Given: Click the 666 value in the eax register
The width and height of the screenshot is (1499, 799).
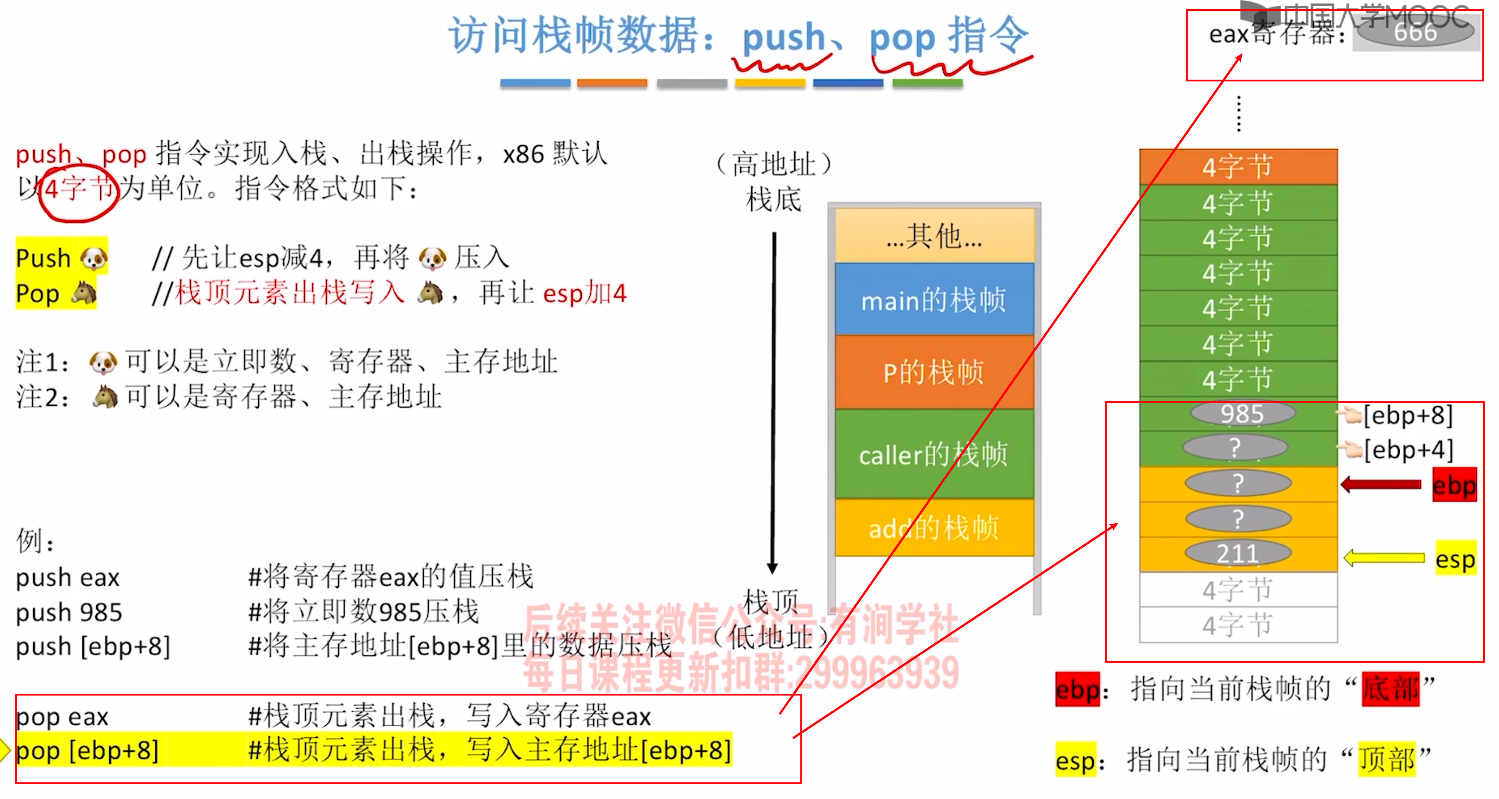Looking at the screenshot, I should pos(1415,32).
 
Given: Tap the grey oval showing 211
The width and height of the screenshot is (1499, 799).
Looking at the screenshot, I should pos(1238,553).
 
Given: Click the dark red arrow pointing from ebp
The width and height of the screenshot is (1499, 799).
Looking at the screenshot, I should pos(1380,484).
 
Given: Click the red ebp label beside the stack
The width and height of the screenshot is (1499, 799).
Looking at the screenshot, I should pos(1454,485).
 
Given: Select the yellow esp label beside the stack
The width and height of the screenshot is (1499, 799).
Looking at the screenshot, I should pos(1455,559).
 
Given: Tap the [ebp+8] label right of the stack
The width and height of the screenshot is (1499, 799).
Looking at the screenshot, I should pos(1408,415).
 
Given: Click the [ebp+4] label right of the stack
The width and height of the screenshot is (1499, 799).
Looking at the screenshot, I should pos(1408,450).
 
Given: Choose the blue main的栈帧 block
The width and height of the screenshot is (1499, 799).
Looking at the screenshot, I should pos(934,300).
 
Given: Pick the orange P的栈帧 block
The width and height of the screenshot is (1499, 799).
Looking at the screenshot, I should pos(934,373).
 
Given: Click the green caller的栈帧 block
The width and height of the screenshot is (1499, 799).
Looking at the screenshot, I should pos(934,454).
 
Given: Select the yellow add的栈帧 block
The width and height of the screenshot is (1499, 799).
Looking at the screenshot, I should pos(934,528).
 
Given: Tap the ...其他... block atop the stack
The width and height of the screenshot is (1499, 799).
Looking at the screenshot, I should pos(934,236).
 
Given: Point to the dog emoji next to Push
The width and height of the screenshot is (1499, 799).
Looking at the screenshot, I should pos(94,258).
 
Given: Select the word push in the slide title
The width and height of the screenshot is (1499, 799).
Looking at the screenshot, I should pos(783,38).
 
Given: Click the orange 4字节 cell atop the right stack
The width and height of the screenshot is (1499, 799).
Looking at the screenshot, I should pos(1238,167).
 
